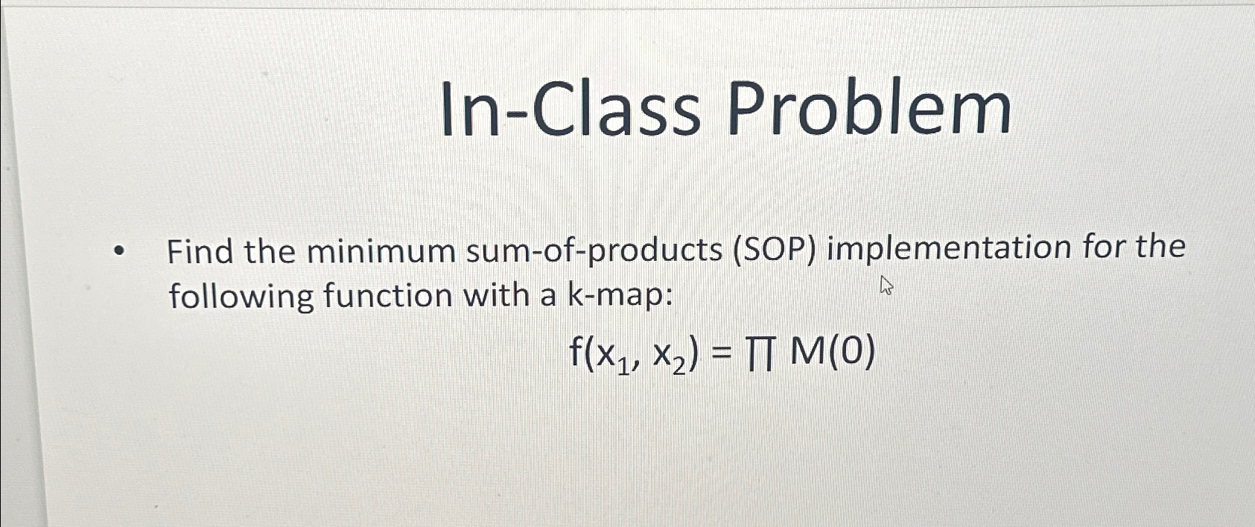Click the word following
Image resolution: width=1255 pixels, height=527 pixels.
[x=241, y=297]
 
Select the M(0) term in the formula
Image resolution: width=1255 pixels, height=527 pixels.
[x=832, y=353]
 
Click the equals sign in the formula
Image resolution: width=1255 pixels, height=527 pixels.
[x=720, y=353]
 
